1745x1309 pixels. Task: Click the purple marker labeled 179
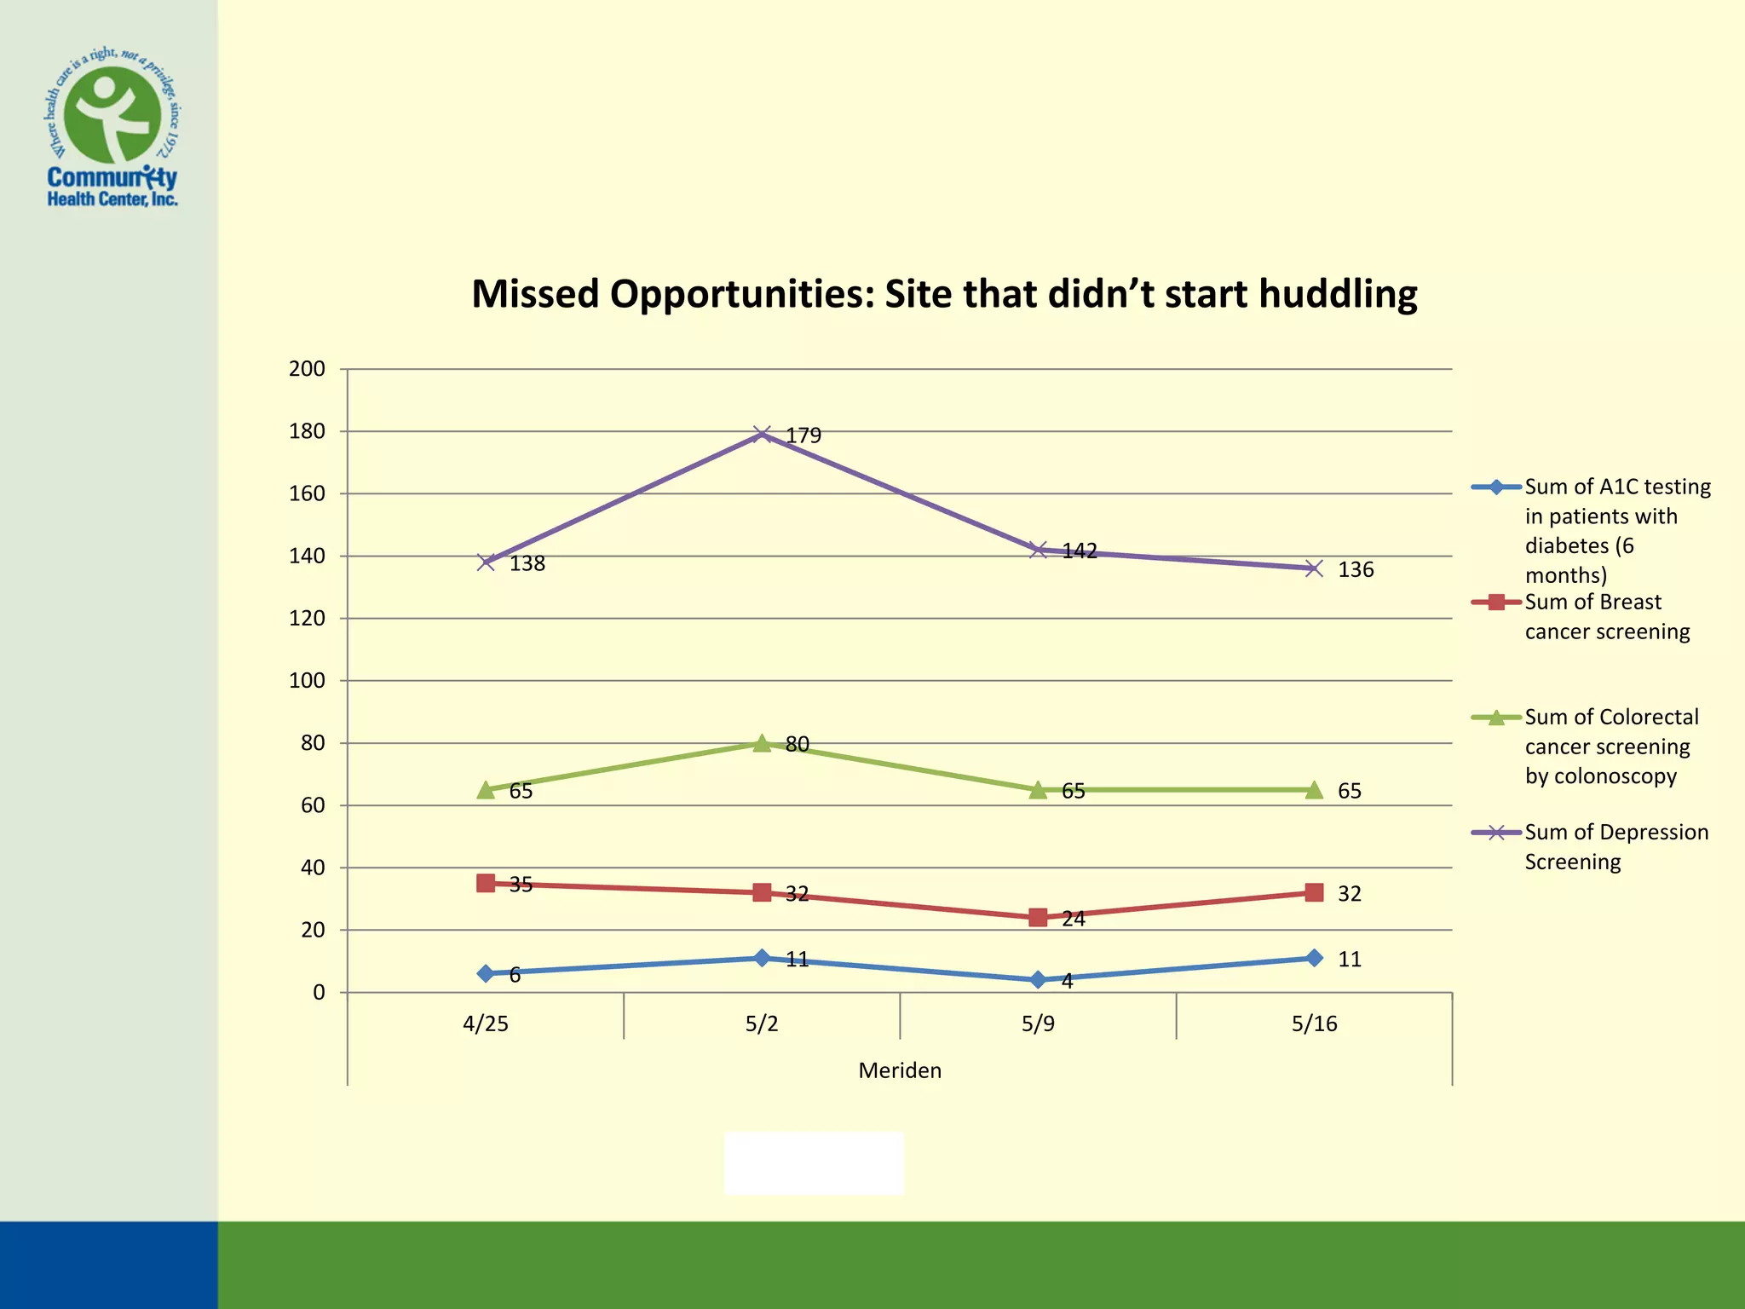tap(762, 435)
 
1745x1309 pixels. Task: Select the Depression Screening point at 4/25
tap(486, 562)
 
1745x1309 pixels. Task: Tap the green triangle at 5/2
tap(762, 743)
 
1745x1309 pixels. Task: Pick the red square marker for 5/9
tap(1038, 917)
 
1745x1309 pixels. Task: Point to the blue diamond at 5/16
tap(1314, 958)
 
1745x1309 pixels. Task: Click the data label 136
tap(1355, 569)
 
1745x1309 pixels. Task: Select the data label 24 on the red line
tap(1074, 919)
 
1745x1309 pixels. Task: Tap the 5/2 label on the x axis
tap(762, 1024)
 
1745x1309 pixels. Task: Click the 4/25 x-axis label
tap(486, 1024)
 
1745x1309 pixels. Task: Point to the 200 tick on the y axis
tap(307, 369)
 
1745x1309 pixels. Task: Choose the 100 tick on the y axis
tap(307, 681)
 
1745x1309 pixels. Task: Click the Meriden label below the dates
tap(900, 1070)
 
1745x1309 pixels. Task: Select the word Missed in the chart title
tap(536, 294)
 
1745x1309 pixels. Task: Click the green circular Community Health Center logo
tap(112, 115)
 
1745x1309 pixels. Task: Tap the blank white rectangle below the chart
tap(814, 1163)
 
